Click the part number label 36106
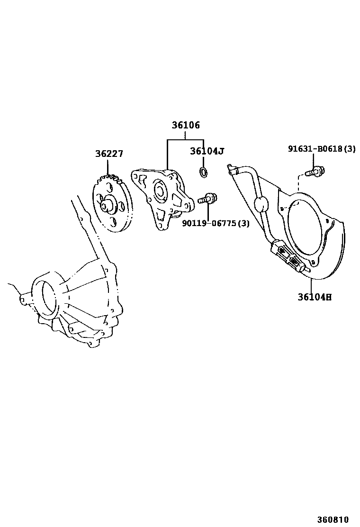pyautogui.click(x=186, y=126)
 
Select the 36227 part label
pyautogui.click(x=109, y=154)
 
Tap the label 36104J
pyautogui.click(x=207, y=151)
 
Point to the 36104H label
pyautogui.click(x=315, y=297)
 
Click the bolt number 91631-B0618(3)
pyautogui.click(x=322, y=149)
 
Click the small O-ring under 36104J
pyautogui.click(x=203, y=173)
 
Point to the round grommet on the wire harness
pyautogui.click(x=261, y=205)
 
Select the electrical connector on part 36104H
pyautogui.click(x=286, y=256)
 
